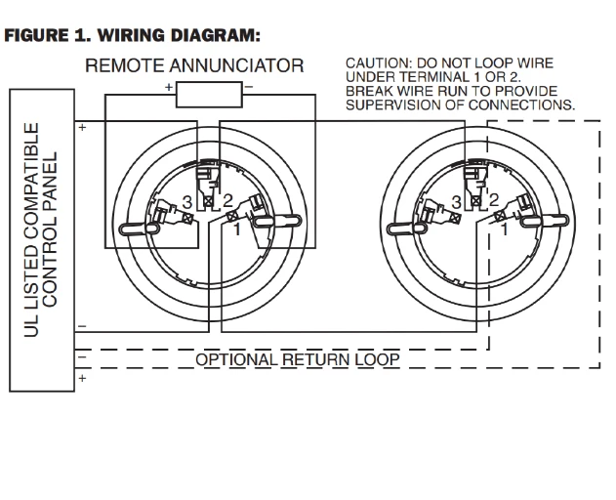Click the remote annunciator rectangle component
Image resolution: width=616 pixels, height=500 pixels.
(209, 94)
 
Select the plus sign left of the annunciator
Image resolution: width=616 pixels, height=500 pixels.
(170, 88)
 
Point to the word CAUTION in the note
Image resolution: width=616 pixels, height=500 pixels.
(375, 63)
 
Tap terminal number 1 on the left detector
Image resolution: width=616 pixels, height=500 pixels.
(236, 231)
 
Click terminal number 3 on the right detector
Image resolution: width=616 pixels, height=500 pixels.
(456, 202)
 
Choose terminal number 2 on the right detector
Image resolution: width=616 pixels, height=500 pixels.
(495, 201)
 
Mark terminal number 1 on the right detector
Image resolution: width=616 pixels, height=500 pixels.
(505, 231)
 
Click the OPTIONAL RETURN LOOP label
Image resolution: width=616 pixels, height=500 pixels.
(298, 359)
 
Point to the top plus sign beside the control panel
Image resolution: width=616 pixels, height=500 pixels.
(82, 127)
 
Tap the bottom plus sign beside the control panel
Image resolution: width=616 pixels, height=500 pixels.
(82, 377)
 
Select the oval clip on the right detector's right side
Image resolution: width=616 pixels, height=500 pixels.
(557, 226)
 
